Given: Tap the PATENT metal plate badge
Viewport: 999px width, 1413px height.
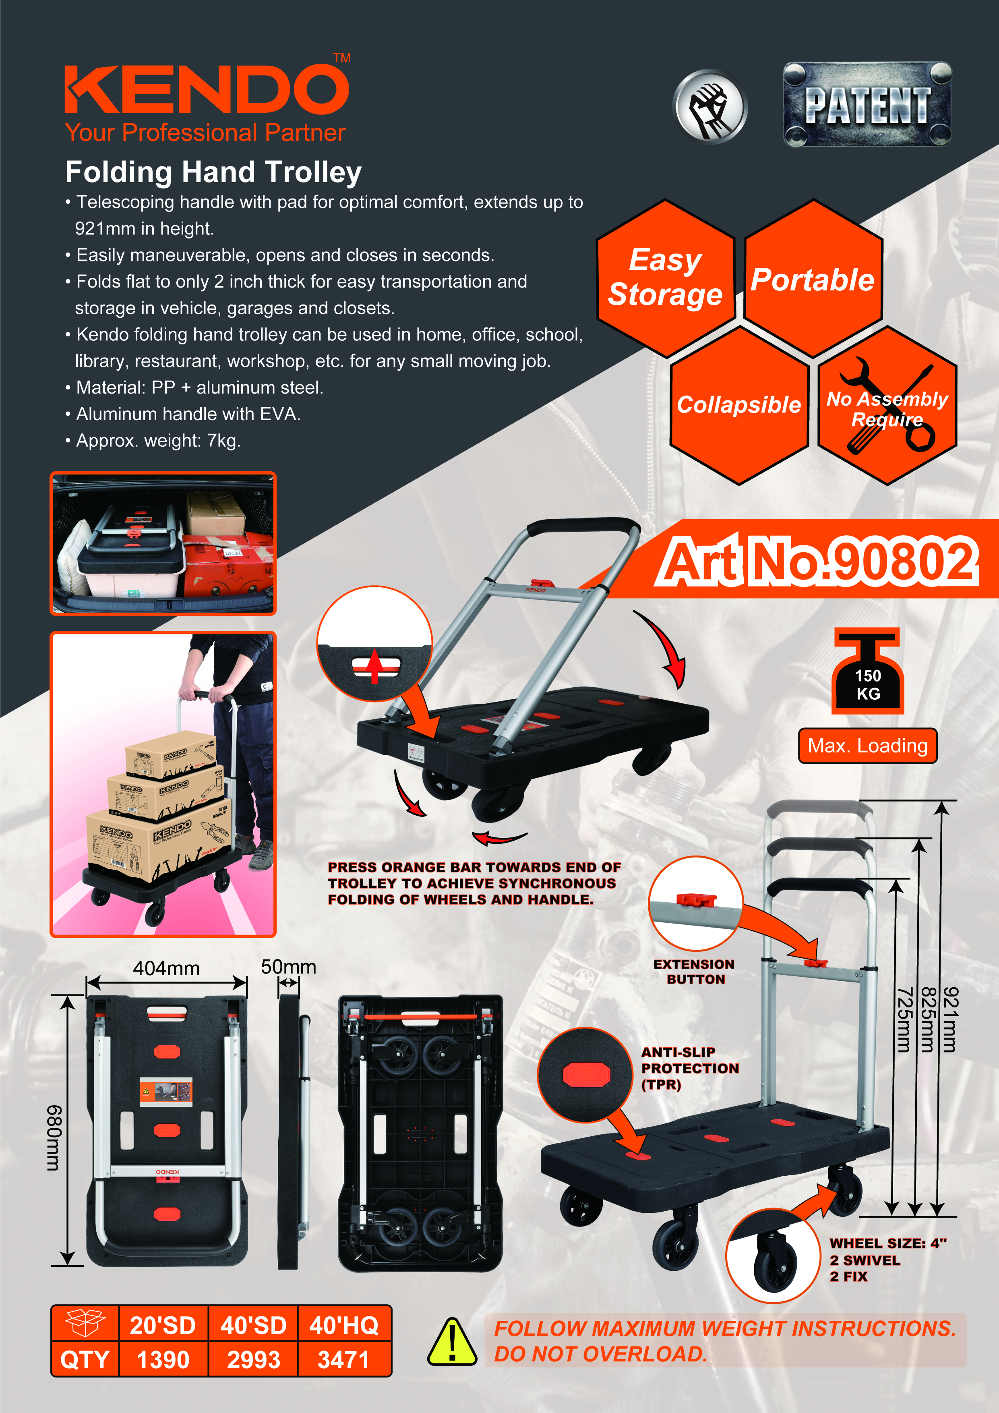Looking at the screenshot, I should pyautogui.click(x=867, y=105).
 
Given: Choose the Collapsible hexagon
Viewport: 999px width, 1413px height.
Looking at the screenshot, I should pyautogui.click(x=739, y=405).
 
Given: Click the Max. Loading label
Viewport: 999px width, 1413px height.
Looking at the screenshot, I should pyautogui.click(x=867, y=746).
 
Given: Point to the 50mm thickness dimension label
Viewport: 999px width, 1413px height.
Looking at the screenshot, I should pyautogui.click(x=288, y=967).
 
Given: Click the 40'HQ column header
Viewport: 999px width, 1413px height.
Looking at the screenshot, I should pyautogui.click(x=344, y=1326).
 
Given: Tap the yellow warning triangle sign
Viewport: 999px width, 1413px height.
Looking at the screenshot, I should pyautogui.click(x=452, y=1342).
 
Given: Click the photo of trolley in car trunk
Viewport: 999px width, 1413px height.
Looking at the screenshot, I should pyautogui.click(x=163, y=543).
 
